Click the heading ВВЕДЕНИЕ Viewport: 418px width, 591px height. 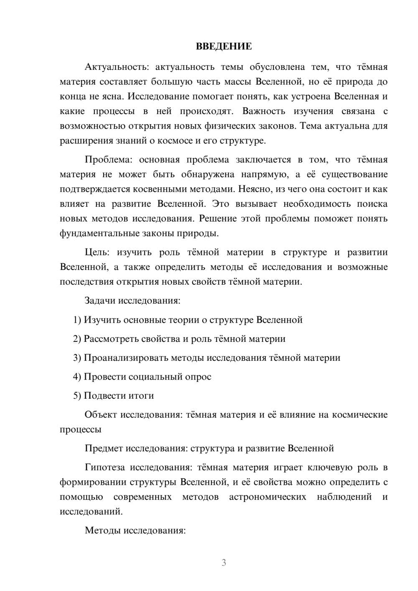tap(224, 46)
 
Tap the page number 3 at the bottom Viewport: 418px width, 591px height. tap(224, 563)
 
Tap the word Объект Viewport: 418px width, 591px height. tap(101, 415)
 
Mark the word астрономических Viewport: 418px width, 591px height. tap(268, 497)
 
